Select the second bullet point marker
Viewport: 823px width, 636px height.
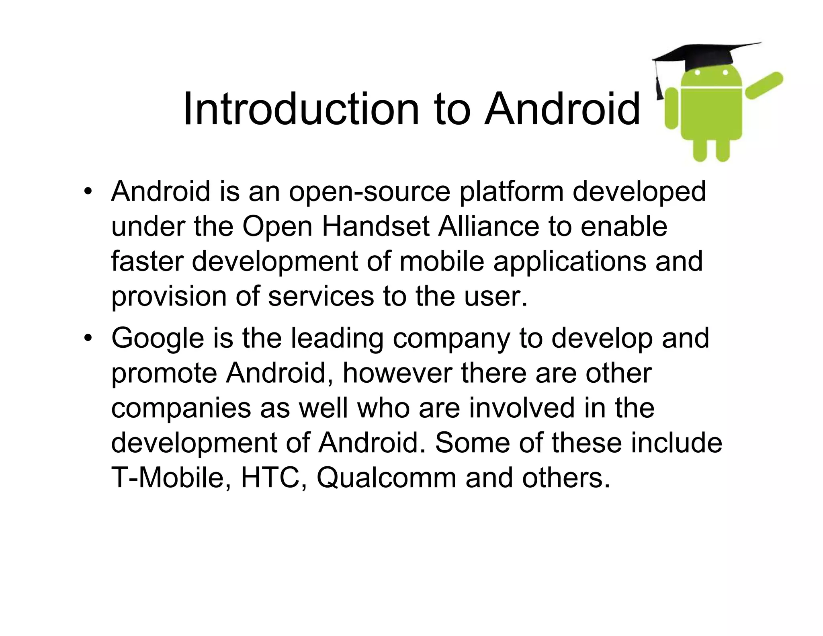tap(88, 339)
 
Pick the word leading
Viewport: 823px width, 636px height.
tap(337, 339)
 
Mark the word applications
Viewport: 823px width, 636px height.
tap(570, 262)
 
